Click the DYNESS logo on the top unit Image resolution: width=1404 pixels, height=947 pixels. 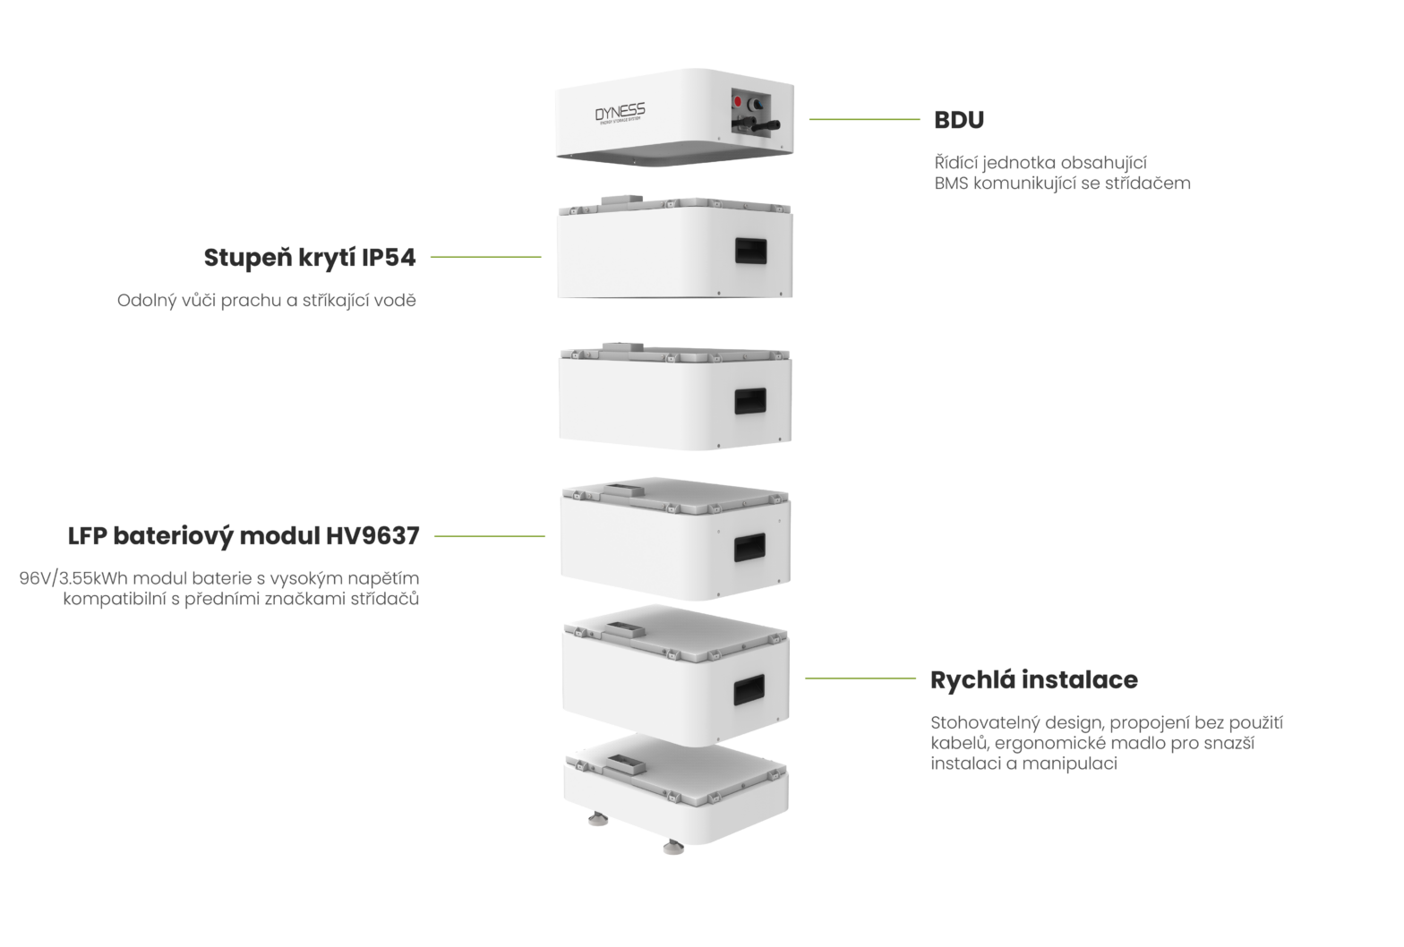point(620,114)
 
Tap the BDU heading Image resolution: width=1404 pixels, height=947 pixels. point(959,120)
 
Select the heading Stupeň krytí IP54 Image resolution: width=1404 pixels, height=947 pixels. point(310,258)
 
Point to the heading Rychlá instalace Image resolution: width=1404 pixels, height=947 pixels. point(1033,680)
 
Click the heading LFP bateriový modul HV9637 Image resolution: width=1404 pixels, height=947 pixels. point(244,537)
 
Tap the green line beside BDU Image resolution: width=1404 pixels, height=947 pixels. point(864,119)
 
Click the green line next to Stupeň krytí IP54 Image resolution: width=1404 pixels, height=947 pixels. point(485,257)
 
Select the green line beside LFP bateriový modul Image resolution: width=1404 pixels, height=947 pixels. point(489,536)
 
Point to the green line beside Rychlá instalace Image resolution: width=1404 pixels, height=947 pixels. point(860,678)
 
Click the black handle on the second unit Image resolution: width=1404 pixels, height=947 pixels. point(750,251)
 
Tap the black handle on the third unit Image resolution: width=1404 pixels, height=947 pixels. point(750,401)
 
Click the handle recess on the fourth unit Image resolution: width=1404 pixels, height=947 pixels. point(750,547)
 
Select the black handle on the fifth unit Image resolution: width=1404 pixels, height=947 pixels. point(749,689)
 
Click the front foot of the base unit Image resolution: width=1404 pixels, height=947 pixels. point(672,848)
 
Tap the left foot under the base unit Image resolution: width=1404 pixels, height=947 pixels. point(594,819)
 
